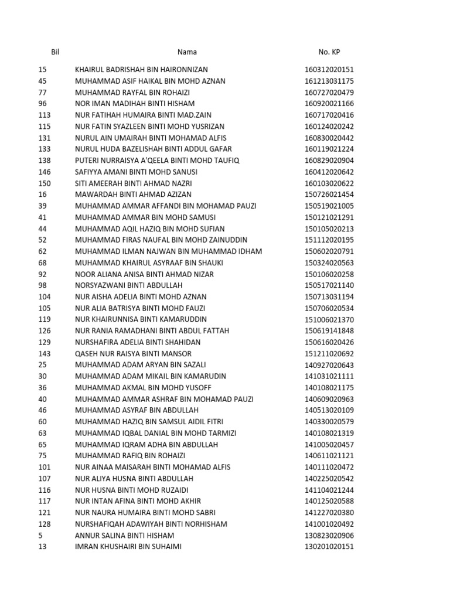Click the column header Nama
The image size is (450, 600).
click(x=188, y=52)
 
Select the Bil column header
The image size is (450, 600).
click(x=56, y=52)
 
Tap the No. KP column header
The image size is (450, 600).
click(x=329, y=52)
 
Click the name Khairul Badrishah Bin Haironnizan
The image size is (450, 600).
click(x=141, y=70)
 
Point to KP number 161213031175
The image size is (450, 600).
click(x=329, y=81)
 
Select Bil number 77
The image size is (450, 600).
click(x=42, y=93)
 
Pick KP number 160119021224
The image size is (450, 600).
click(x=329, y=149)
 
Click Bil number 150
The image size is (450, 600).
click(x=45, y=183)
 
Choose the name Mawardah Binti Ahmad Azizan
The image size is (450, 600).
click(x=133, y=195)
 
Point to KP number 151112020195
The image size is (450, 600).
click(x=329, y=240)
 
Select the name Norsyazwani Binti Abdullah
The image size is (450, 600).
click(x=129, y=285)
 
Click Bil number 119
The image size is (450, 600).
click(x=45, y=319)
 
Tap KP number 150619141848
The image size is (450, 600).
click(x=329, y=330)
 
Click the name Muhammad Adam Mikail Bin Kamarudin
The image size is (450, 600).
click(x=151, y=376)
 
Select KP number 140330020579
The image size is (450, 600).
click(x=329, y=421)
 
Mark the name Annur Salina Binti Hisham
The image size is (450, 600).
click(x=124, y=536)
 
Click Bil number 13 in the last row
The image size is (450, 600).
click(x=42, y=547)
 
